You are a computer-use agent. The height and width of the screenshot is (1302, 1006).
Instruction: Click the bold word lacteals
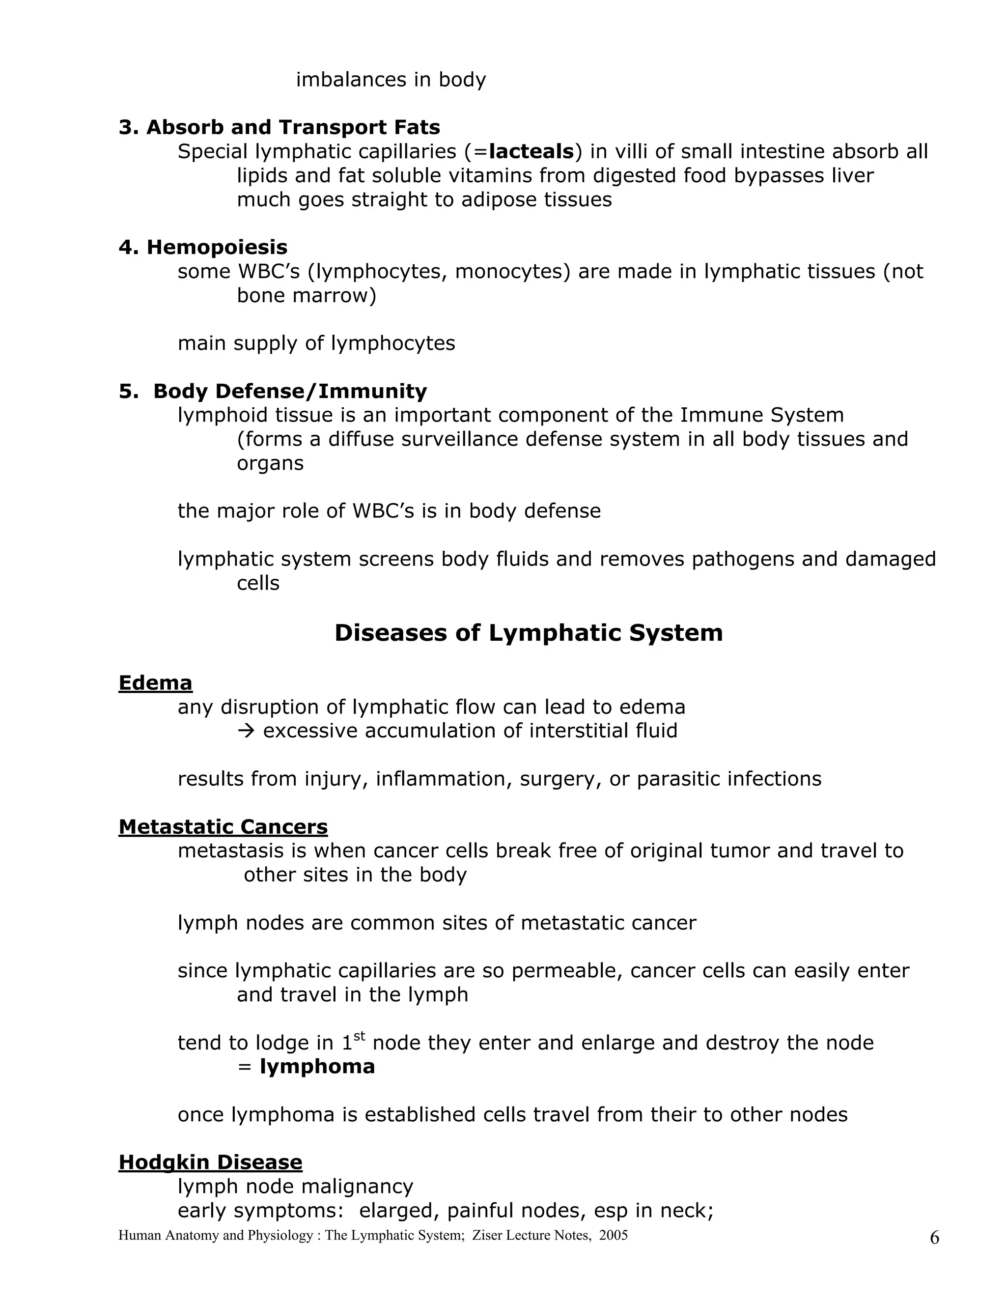531,151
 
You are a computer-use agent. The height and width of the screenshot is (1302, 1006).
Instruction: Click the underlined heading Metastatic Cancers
223,827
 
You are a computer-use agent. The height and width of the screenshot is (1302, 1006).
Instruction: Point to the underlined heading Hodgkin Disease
210,1162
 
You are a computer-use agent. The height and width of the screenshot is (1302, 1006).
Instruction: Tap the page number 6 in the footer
934,1238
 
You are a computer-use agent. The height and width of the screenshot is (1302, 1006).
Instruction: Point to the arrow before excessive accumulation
246,731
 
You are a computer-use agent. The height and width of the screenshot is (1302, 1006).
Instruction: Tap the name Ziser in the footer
487,1235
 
